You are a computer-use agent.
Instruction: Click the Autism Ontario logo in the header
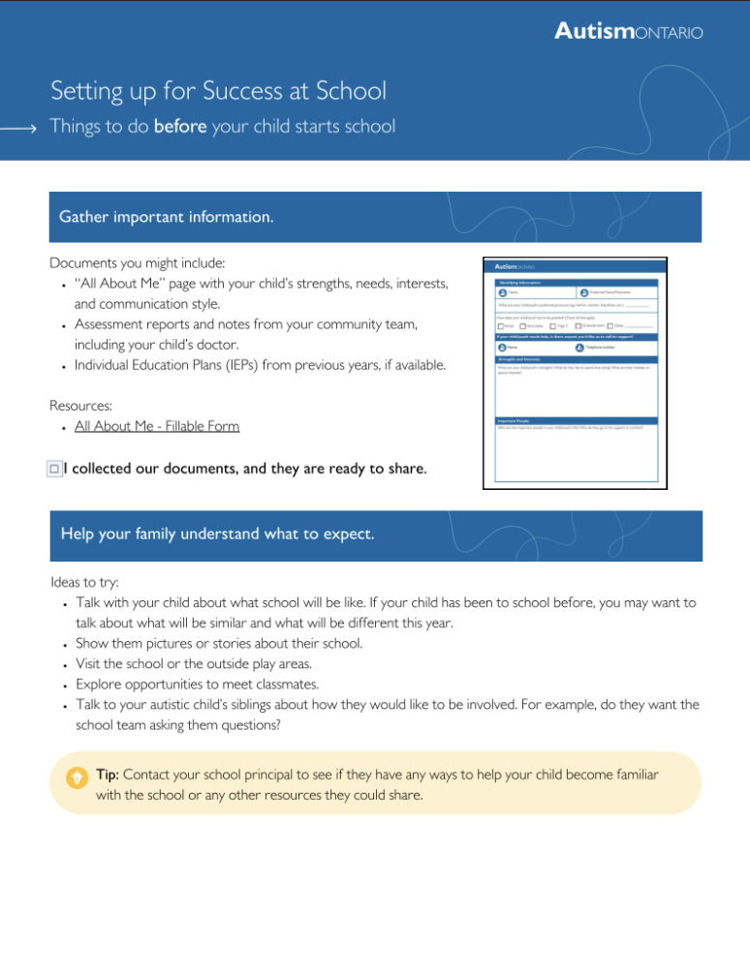628,32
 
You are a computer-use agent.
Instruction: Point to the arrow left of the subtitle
19,128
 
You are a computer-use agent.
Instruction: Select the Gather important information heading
167,217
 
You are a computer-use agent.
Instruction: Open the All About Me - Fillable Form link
157,426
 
